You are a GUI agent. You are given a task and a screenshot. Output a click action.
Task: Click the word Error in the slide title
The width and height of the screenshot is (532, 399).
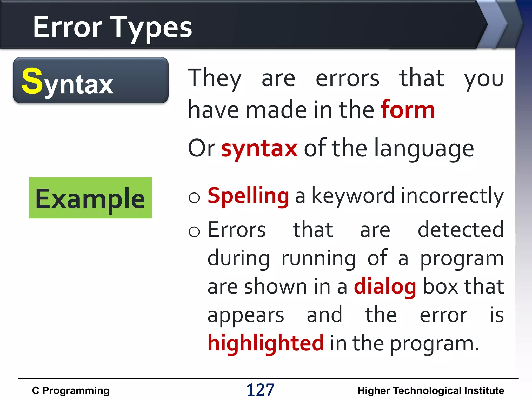[68, 27]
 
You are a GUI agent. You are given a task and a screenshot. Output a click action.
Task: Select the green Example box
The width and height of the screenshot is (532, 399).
[90, 198]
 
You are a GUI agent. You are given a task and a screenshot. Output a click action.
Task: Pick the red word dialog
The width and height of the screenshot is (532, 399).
[385, 287]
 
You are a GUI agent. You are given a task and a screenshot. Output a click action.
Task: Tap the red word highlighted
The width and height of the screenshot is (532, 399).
[266, 343]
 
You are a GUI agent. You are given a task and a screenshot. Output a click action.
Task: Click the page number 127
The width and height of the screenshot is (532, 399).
[260, 390]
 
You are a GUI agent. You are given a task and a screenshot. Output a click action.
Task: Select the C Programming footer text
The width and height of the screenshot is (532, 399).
[71, 390]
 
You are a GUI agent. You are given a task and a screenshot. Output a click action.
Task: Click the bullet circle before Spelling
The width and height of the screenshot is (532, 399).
[194, 198]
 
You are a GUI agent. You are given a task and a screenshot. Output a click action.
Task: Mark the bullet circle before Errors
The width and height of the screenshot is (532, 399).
[194, 231]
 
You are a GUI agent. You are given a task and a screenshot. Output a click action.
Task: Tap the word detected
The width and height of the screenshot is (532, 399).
[461, 230]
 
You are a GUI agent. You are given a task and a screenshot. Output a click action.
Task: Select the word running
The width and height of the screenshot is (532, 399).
[319, 259]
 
